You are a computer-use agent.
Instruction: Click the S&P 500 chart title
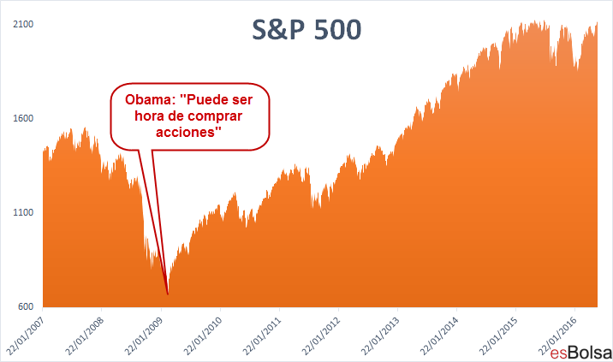coord(306,30)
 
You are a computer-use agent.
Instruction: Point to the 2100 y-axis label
coord(23,24)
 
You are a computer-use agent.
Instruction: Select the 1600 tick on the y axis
coord(23,118)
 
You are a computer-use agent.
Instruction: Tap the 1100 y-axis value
coord(23,213)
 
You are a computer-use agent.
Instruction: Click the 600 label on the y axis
coord(26,307)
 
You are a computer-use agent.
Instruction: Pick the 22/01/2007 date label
coord(26,335)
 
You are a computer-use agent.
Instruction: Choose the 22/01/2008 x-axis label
coord(85,335)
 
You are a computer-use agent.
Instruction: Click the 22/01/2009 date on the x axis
coord(144,335)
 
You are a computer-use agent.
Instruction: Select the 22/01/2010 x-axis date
coord(203,335)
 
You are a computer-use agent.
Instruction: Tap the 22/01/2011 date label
coord(262,335)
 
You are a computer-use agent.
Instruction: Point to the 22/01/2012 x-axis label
coord(321,335)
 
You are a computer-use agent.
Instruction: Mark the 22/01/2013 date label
coord(380,335)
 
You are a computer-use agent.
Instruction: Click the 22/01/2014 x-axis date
coord(439,335)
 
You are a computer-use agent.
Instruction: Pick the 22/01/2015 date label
coord(498,335)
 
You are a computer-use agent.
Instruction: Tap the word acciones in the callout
coord(186,132)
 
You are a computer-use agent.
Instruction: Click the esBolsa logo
coord(581,353)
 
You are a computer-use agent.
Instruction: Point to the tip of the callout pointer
coord(168,294)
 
